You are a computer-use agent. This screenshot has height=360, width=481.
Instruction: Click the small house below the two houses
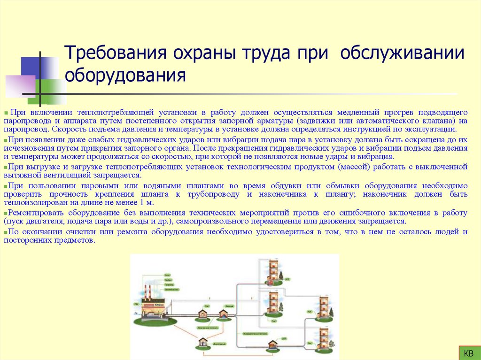click(203, 342)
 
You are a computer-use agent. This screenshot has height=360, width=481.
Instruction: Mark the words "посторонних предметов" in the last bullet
click(48, 240)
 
